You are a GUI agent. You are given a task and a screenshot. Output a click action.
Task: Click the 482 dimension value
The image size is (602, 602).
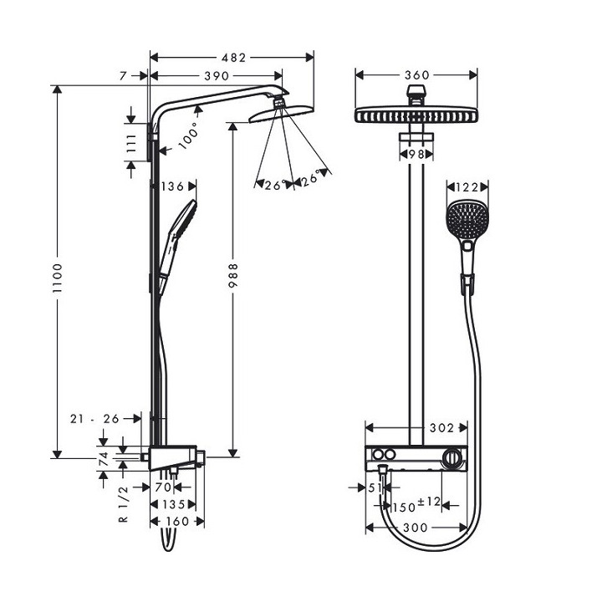click(234, 58)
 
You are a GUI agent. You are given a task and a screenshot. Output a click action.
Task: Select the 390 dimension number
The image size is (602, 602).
click(216, 76)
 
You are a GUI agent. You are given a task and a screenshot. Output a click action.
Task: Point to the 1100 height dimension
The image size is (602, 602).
click(58, 272)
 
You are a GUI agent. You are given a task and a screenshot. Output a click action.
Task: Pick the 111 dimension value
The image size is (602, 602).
click(130, 141)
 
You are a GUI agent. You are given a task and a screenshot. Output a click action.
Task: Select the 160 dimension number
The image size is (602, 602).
click(177, 521)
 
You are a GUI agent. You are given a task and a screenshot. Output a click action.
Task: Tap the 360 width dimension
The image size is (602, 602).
click(416, 75)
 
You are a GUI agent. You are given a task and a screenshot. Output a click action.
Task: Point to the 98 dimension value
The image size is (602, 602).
click(416, 155)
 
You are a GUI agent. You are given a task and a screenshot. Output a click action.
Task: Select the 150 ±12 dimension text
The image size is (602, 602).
click(416, 505)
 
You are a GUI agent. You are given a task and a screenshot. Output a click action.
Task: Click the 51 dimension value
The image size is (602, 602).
click(374, 487)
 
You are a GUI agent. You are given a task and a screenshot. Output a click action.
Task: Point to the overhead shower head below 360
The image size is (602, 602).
click(416, 115)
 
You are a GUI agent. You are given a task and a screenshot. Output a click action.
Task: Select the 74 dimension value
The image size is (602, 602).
click(104, 457)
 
